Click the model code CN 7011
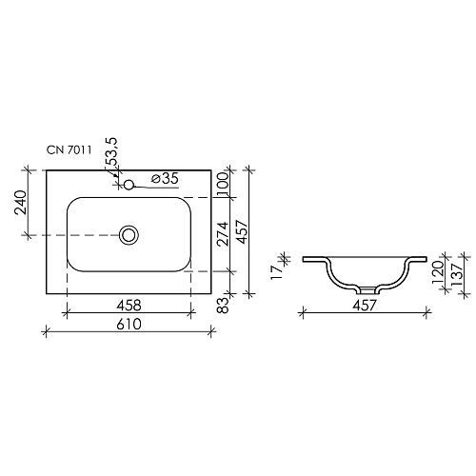69,149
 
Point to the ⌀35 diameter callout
166,178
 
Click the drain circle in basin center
129,234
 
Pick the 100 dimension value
222,184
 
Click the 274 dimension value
222,234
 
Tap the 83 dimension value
222,305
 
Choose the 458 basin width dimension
129,306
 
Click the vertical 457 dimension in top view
244,234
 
